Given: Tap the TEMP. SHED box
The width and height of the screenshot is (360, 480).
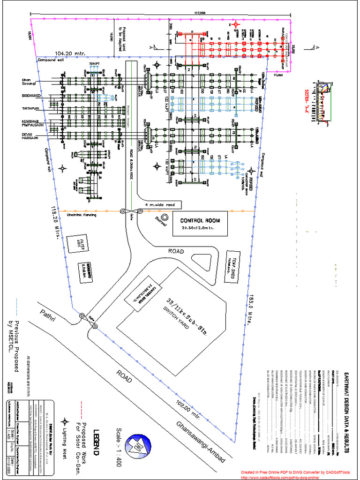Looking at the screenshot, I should pyautogui.click(x=231, y=276).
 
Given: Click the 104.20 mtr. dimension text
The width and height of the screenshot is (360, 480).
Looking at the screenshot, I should pyautogui.click(x=70, y=53).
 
